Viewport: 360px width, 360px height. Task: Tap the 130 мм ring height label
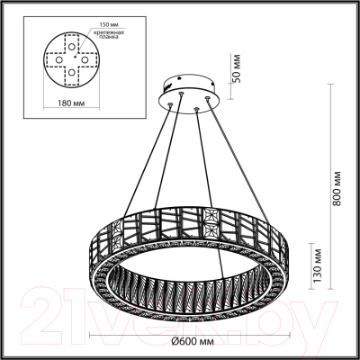tap(316, 265)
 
